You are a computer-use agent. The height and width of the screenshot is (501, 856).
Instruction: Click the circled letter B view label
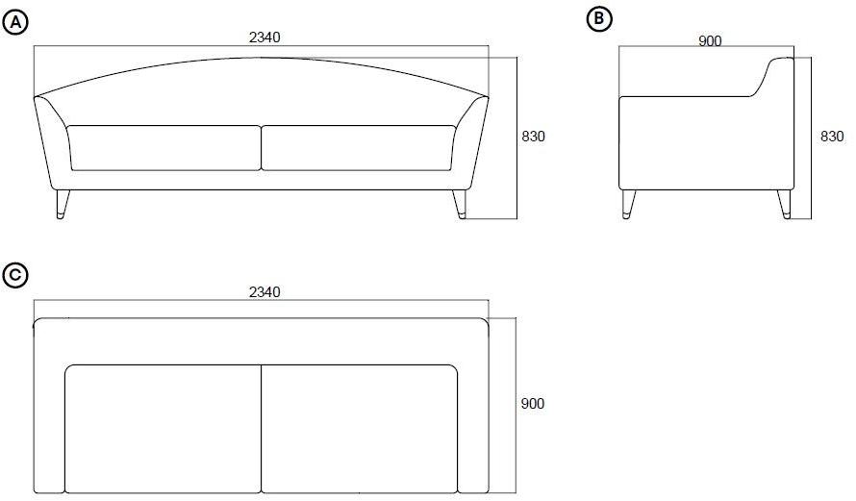pos(599,18)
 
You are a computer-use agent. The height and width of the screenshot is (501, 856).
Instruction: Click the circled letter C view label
pos(15,275)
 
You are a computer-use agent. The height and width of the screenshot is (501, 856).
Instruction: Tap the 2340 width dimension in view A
pos(264,38)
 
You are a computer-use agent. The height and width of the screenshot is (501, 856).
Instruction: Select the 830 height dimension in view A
pos(534,138)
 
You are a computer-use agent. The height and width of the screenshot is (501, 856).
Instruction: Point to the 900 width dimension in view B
pos(710,40)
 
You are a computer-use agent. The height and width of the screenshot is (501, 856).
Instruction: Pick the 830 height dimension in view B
pos(832,138)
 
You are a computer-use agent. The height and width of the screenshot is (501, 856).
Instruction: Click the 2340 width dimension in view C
pos(264,292)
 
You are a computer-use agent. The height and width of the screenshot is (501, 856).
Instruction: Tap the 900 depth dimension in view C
pos(533,404)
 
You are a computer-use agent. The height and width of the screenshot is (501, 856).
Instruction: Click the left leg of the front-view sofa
pos(63,204)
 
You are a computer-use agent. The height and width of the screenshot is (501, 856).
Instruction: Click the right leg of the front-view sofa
pos(460,204)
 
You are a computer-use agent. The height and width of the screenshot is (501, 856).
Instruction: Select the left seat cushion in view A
pos(164,147)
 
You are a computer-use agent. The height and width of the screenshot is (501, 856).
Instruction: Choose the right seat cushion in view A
pos(359,147)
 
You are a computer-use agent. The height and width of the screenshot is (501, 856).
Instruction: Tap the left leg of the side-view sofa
pos(629,203)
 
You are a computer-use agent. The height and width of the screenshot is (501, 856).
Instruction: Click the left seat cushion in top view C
pos(164,428)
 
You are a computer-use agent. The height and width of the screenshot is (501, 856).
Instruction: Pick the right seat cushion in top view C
pos(359,428)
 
